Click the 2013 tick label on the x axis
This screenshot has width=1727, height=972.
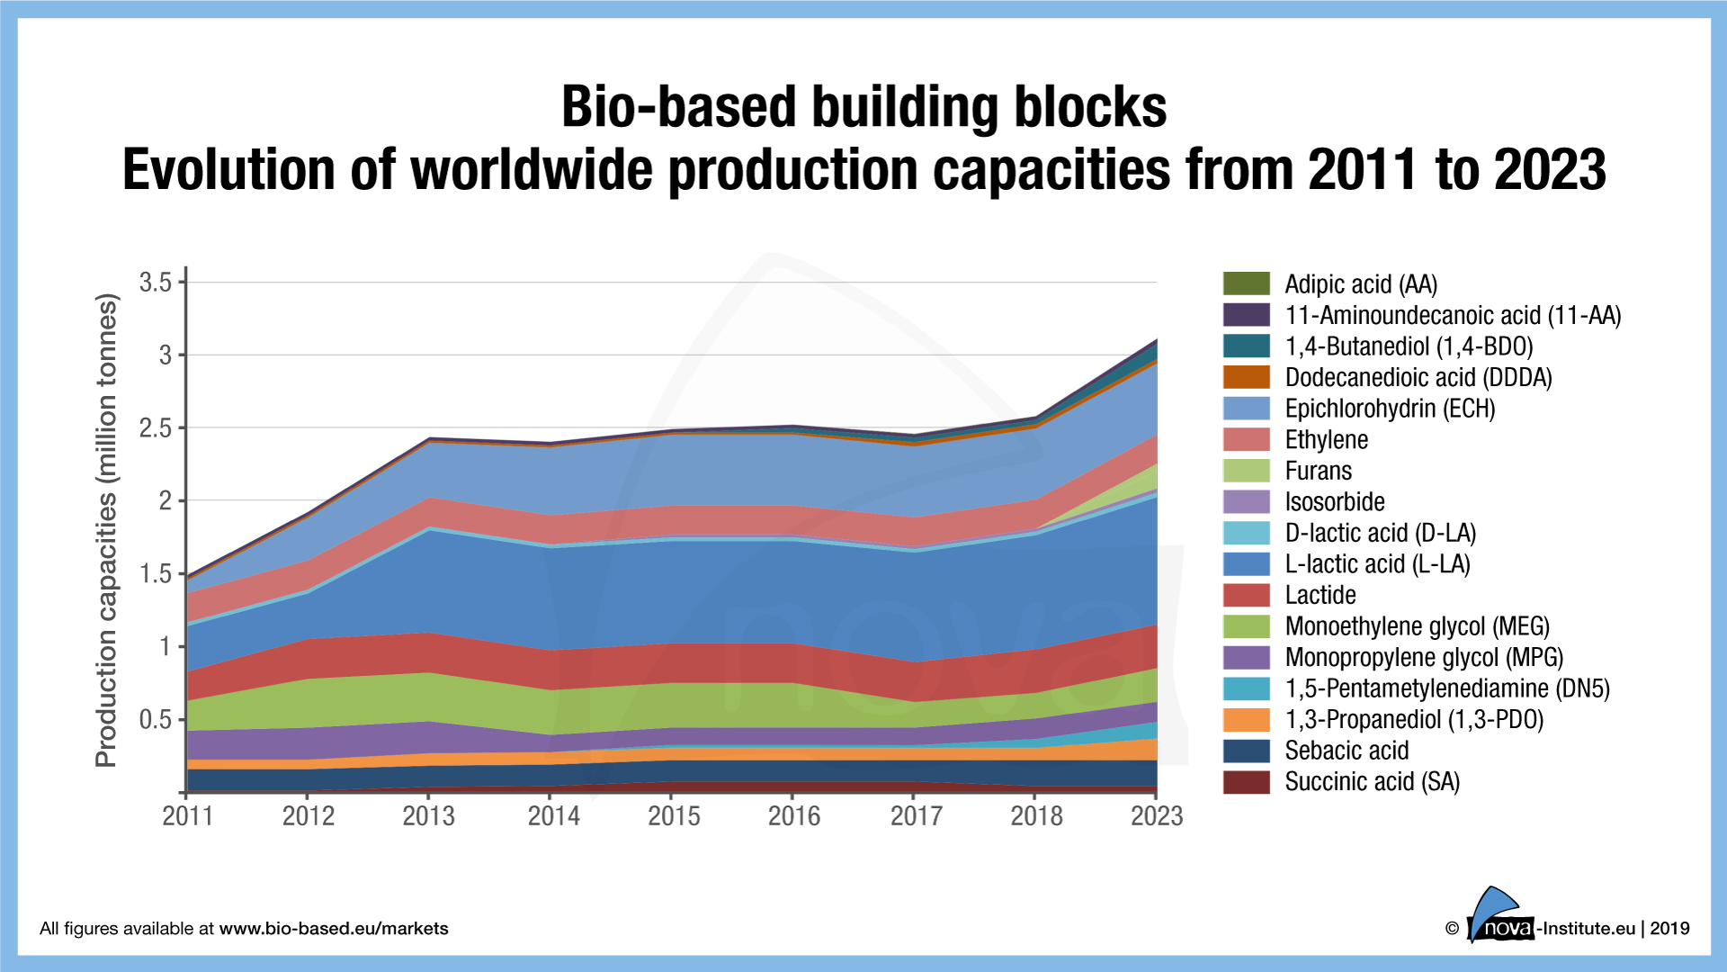pyautogui.click(x=428, y=815)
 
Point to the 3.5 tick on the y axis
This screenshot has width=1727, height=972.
pyautogui.click(x=156, y=283)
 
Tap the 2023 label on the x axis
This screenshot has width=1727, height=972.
pyautogui.click(x=1156, y=815)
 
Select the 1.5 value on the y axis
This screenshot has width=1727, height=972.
pyautogui.click(x=156, y=573)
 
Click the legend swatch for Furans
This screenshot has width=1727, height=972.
pyautogui.click(x=1246, y=471)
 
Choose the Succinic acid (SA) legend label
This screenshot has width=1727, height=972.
pyautogui.click(x=1372, y=782)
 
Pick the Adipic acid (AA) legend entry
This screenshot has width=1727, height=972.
pyautogui.click(x=1360, y=284)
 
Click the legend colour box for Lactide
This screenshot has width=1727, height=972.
pyautogui.click(x=1246, y=595)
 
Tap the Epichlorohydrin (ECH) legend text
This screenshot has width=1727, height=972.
pyautogui.click(x=1390, y=409)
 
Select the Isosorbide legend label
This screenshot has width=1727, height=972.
pyautogui.click(x=1334, y=502)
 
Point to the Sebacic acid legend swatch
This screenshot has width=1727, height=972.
pyautogui.click(x=1246, y=751)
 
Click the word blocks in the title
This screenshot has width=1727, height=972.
pyautogui.click(x=1090, y=107)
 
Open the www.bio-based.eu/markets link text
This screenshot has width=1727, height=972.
pyautogui.click(x=334, y=929)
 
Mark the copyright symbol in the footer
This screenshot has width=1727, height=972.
pyautogui.click(x=1452, y=929)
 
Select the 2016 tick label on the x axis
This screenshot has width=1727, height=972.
pyautogui.click(x=794, y=815)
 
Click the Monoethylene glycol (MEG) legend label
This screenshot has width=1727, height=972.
pyautogui.click(x=1417, y=626)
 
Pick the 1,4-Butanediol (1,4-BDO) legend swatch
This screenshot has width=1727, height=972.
pyautogui.click(x=1246, y=346)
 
